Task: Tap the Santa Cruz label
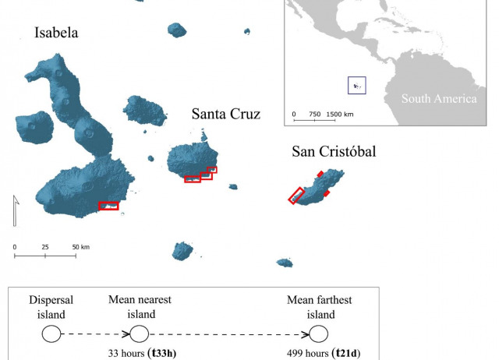click(x=225, y=115)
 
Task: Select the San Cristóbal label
click(x=333, y=151)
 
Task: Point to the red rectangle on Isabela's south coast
click(x=108, y=206)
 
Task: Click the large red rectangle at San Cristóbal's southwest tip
click(x=296, y=196)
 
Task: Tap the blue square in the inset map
click(x=356, y=85)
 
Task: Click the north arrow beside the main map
click(x=15, y=211)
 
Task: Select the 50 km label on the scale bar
click(x=81, y=248)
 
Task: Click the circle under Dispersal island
click(x=51, y=334)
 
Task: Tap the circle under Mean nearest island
click(x=139, y=334)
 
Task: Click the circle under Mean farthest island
click(x=318, y=334)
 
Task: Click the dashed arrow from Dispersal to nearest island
click(x=95, y=334)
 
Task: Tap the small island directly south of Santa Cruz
click(x=182, y=251)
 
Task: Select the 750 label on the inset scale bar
click(x=314, y=115)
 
